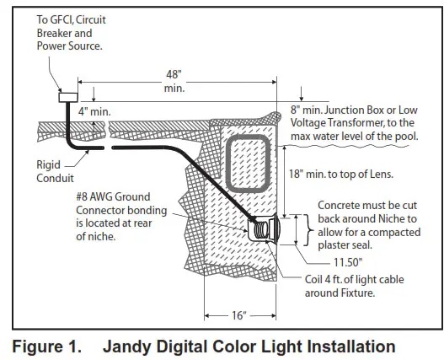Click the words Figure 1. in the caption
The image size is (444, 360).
coord(45,346)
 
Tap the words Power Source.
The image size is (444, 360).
coord(72,47)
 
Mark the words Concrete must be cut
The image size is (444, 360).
coord(366,207)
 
